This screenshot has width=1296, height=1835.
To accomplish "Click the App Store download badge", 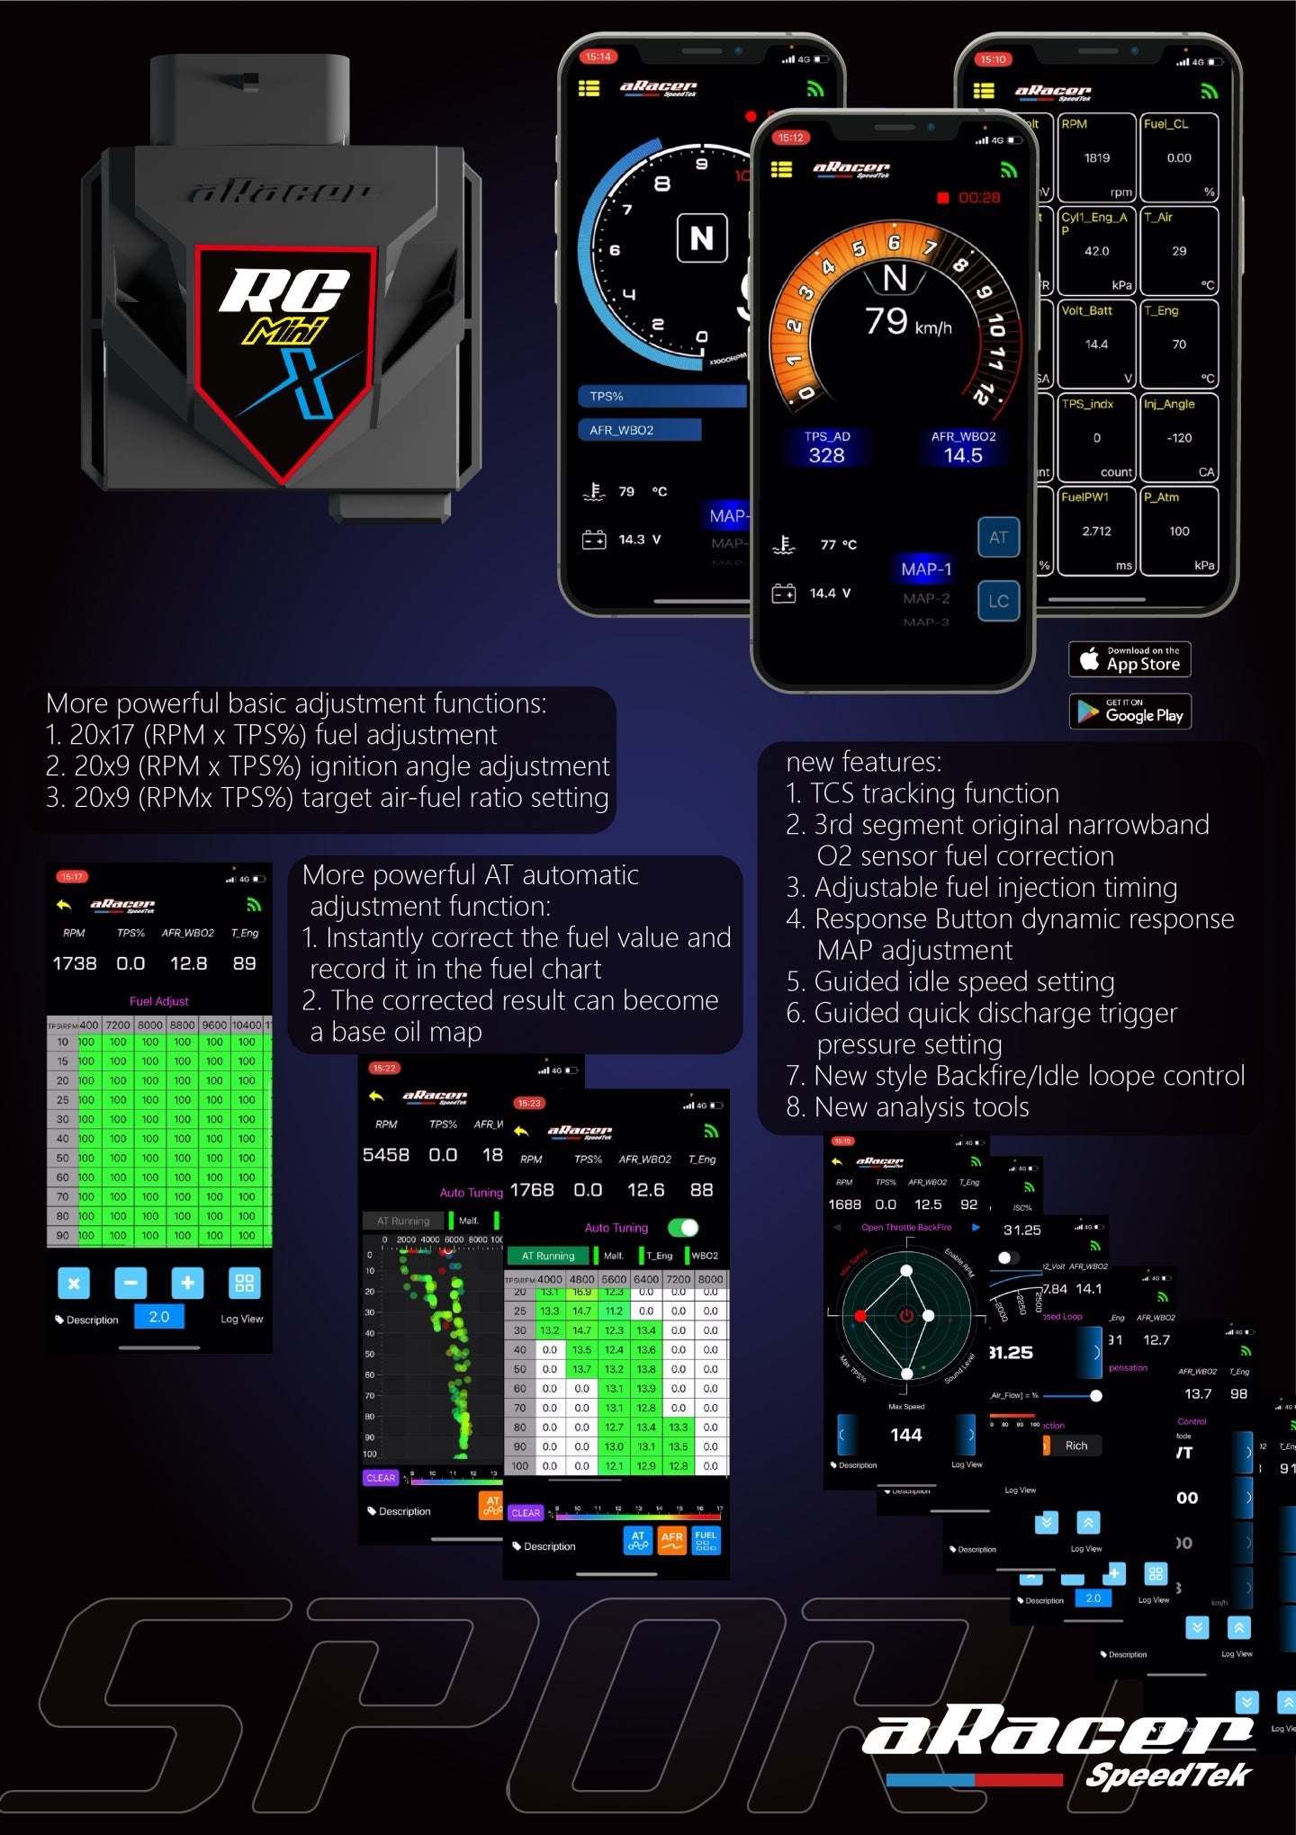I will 1129,659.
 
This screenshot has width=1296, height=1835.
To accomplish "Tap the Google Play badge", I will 1129,712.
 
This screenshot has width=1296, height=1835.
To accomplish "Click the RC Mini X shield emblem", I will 284,351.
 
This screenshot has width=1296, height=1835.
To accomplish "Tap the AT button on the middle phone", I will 998,537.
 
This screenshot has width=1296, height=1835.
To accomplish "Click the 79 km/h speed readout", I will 906,322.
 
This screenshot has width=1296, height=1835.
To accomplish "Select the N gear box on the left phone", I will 702,238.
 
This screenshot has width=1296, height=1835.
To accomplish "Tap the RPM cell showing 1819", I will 1096,157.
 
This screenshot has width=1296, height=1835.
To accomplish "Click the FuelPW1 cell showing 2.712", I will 1096,531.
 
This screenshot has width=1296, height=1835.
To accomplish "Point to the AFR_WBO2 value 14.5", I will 963,455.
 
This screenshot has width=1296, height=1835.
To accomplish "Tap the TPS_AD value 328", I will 826,455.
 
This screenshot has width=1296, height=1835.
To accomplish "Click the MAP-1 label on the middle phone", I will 925,569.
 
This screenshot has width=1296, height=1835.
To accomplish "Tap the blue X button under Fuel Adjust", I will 74,1284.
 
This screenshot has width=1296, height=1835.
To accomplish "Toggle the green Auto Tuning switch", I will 683,1228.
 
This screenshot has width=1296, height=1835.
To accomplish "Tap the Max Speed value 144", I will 905,1435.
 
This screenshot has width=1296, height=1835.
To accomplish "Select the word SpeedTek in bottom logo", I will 1167,1776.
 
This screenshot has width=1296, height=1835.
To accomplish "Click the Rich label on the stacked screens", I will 1076,1446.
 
